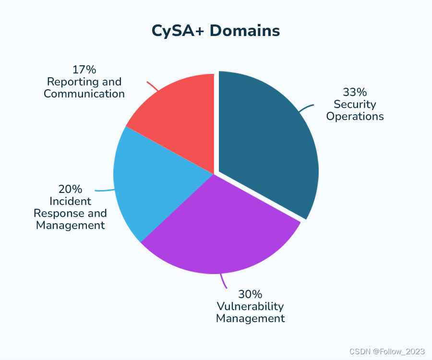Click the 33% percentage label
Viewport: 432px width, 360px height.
pyautogui.click(x=355, y=92)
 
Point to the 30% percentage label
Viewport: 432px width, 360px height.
pyautogui.click(x=250, y=294)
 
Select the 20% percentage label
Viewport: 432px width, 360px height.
pyautogui.click(x=70, y=189)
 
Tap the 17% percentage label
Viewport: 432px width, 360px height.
pyautogui.click(x=84, y=70)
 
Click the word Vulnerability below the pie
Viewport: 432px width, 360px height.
pyautogui.click(x=250, y=306)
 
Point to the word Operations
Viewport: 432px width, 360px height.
pyautogui.click(x=355, y=116)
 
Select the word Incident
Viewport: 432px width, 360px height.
pyautogui.click(x=70, y=201)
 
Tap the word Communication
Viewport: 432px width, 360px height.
pyautogui.click(x=84, y=94)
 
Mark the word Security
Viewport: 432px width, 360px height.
pyautogui.click(x=355, y=104)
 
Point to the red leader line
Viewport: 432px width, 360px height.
pyautogui.click(x=153, y=86)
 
